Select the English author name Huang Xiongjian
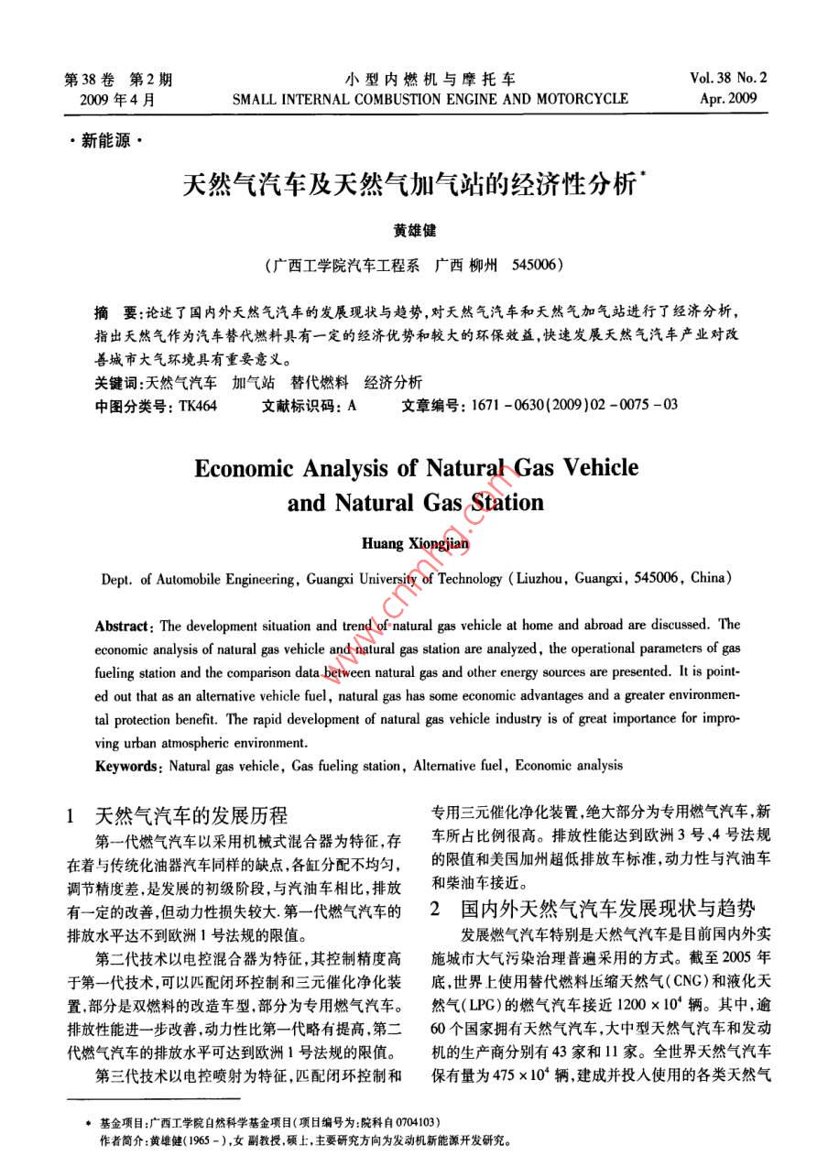tap(416, 545)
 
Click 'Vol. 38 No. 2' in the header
tap(729, 78)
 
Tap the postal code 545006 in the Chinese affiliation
tap(526, 266)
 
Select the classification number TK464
tap(198, 405)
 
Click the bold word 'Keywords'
tap(128, 765)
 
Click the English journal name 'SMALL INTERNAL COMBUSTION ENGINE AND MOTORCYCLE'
tap(430, 99)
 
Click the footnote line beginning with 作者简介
tap(302, 1141)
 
